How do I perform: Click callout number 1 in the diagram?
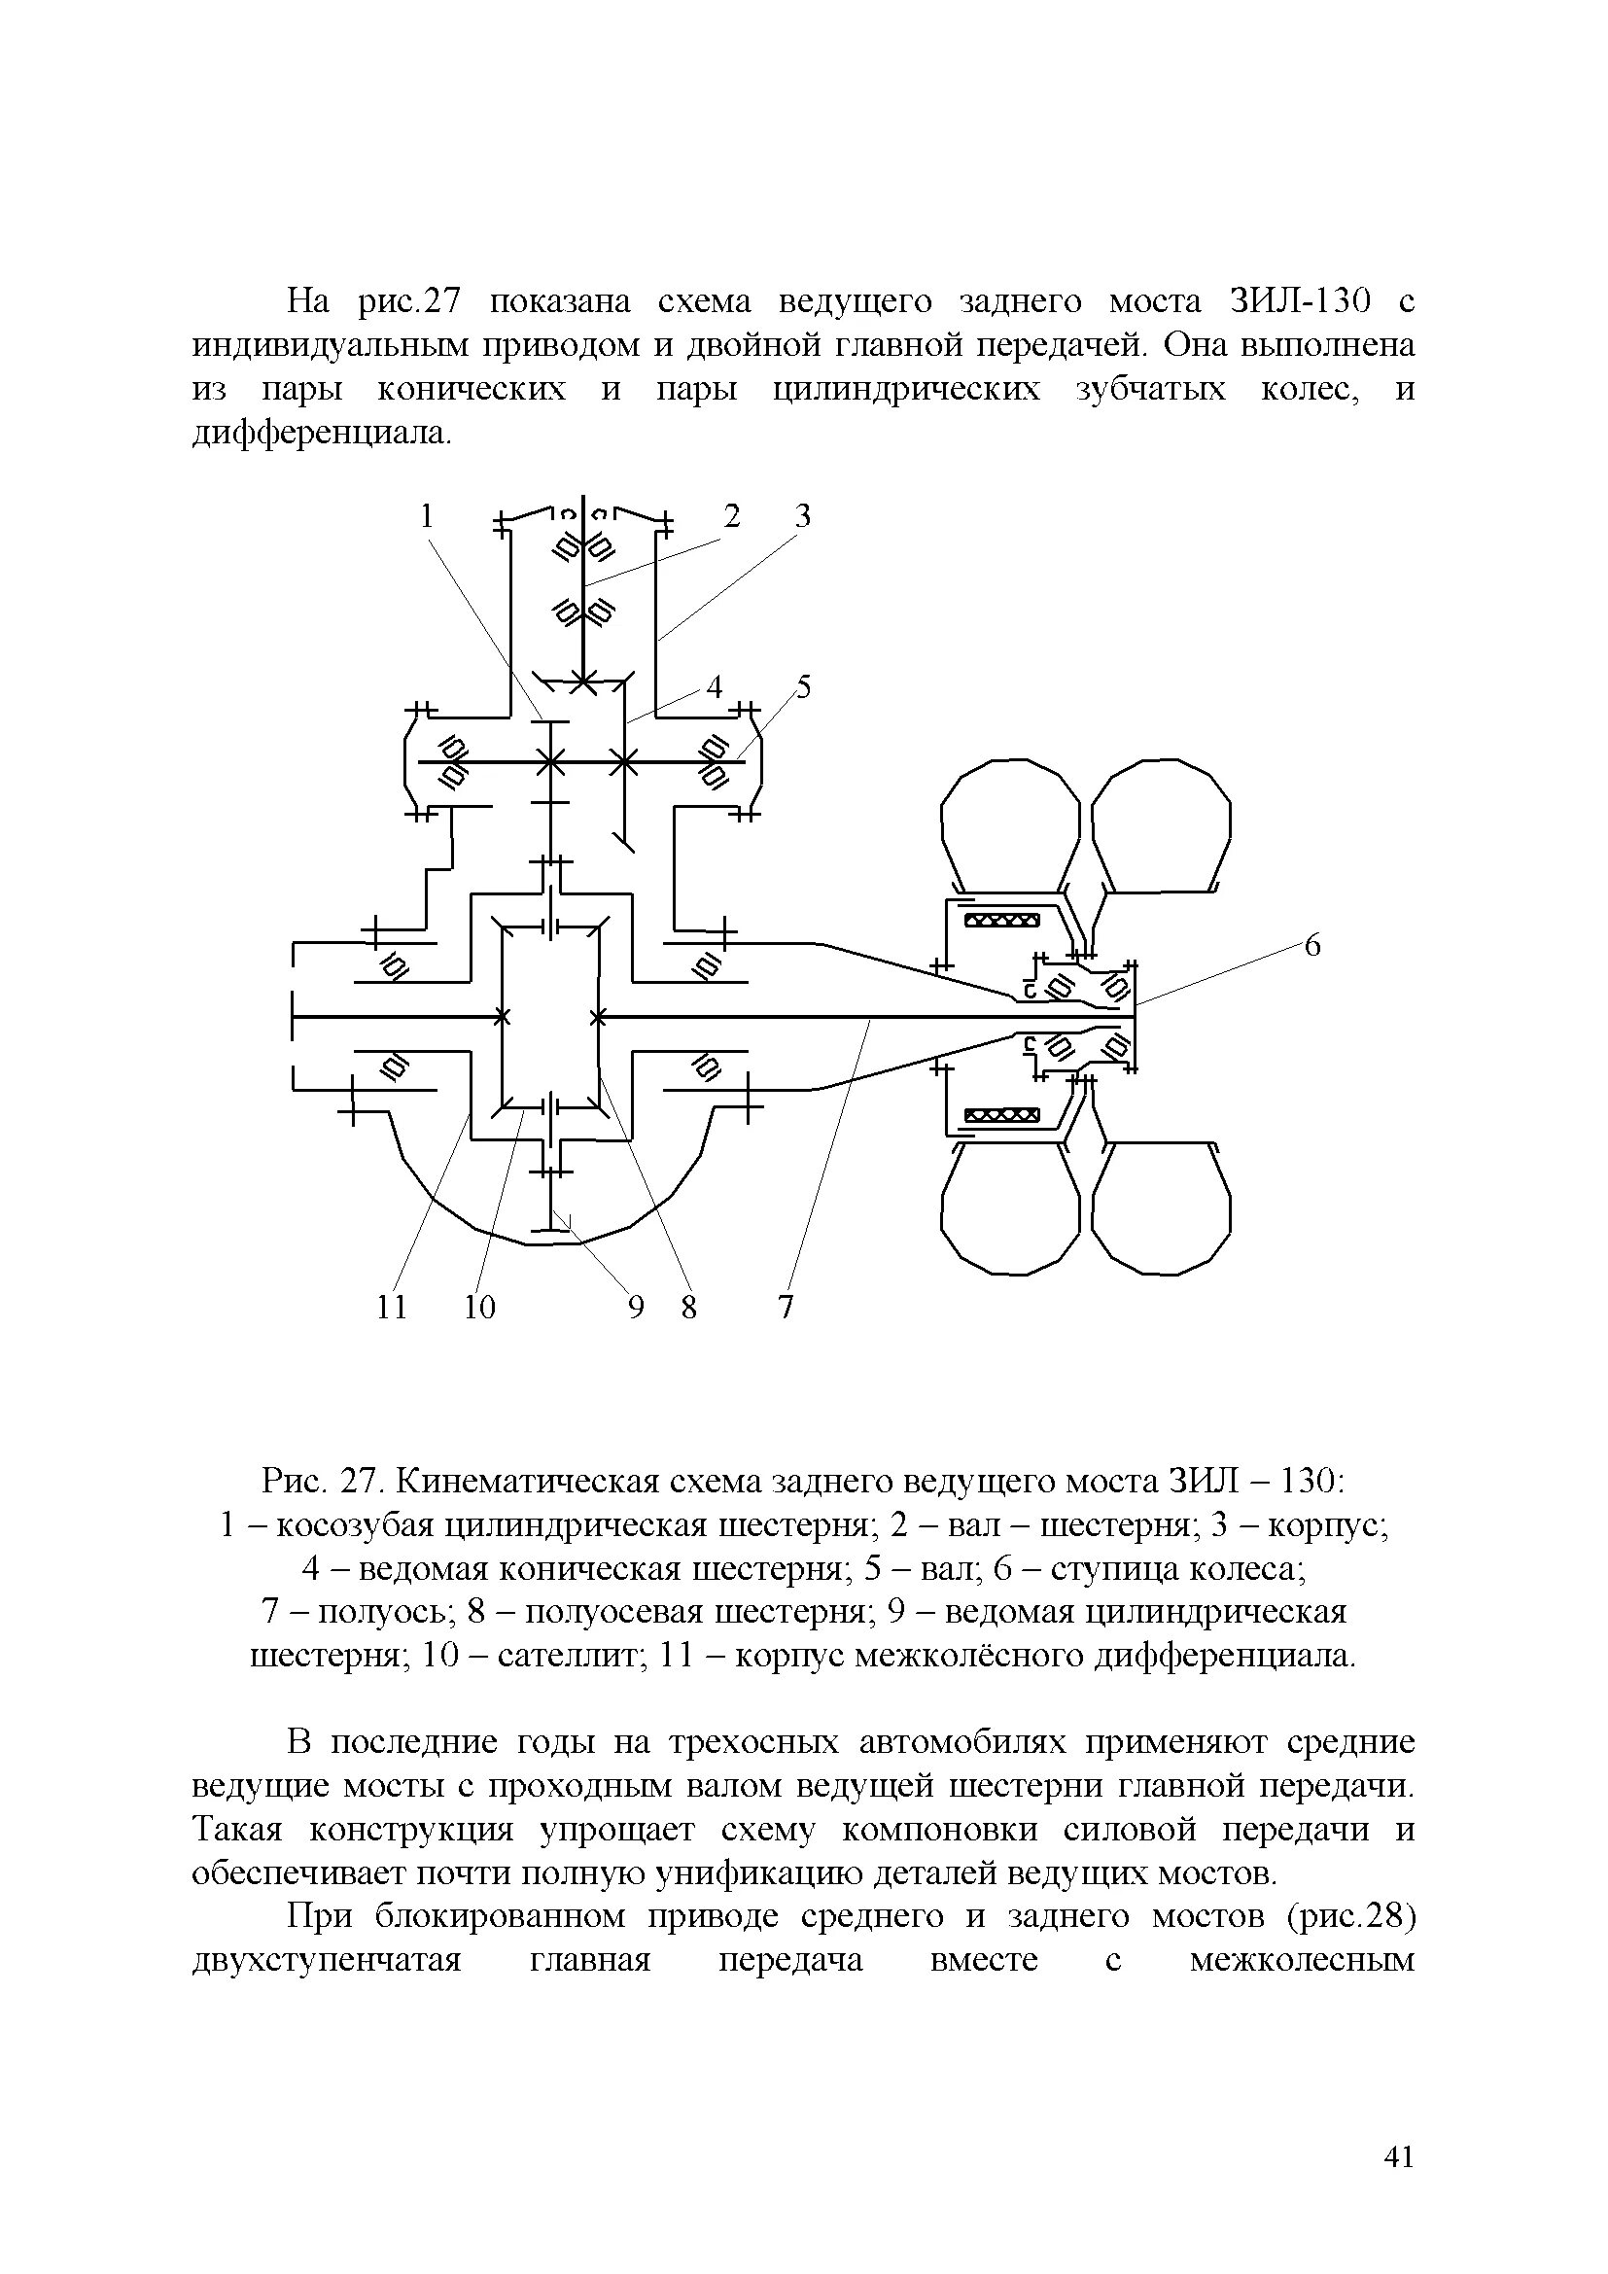point(427,516)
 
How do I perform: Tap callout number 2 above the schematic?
point(732,516)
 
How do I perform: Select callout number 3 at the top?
point(803,516)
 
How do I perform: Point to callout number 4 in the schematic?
point(715,686)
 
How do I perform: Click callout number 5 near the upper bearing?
point(803,686)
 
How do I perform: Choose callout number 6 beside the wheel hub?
point(1311,946)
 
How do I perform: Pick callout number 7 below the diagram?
point(786,1309)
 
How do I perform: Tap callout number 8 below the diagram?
point(689,1309)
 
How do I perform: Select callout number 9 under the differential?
point(636,1309)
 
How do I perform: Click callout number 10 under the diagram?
point(479,1309)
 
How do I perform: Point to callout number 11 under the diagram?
point(392,1309)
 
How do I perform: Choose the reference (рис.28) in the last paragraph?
point(1350,1917)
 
